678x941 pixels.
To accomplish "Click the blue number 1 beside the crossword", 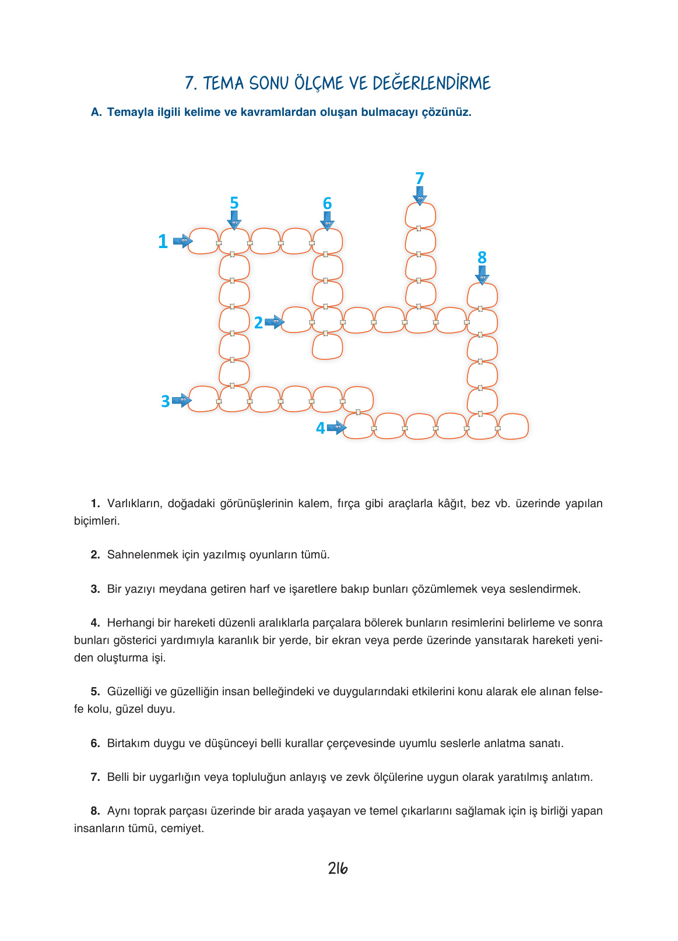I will click(x=163, y=241).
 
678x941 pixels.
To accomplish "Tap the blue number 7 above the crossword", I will click(x=420, y=178).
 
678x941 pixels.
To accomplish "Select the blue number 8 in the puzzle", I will click(x=482, y=257).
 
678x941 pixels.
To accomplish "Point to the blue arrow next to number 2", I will click(x=275, y=321).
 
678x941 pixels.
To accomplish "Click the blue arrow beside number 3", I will click(x=182, y=401).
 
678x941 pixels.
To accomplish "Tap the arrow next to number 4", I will click(x=337, y=428).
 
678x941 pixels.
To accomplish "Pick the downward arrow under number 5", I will click(x=234, y=221).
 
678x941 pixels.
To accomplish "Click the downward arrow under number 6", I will click(x=328, y=221).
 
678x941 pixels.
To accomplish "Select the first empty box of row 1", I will click(x=203, y=241).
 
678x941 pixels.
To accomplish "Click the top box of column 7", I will click(x=420, y=215).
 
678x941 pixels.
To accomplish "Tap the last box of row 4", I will click(x=513, y=427).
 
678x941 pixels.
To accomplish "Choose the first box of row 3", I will click(x=203, y=399).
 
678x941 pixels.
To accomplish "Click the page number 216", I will click(x=338, y=868).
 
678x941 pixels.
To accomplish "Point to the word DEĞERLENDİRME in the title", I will click(x=431, y=83).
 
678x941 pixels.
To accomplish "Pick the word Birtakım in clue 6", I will click(x=128, y=743).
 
